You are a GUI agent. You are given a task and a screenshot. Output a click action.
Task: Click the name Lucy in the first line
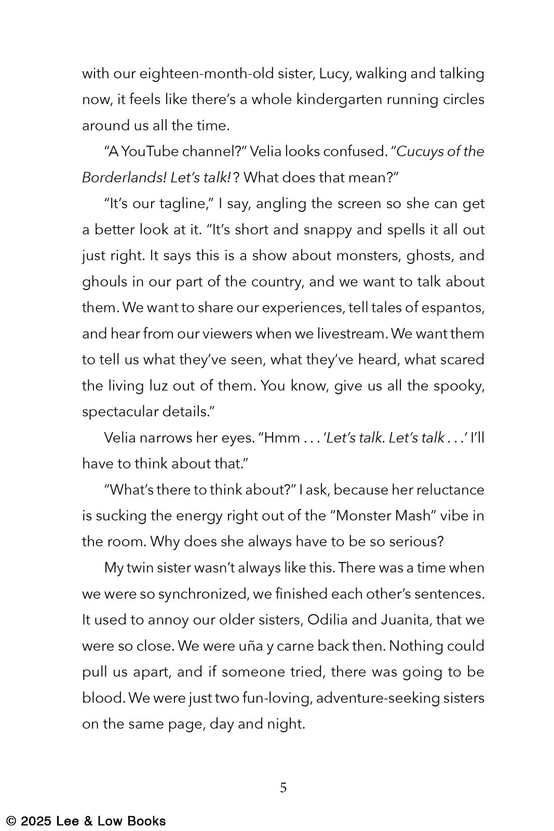pos(335,74)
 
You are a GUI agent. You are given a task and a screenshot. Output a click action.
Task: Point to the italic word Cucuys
pos(421,152)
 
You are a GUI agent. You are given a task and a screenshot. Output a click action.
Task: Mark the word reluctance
pos(448,490)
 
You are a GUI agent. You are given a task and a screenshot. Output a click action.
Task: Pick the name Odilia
pos(330,620)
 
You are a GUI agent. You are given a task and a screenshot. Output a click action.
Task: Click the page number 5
pos(283,788)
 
